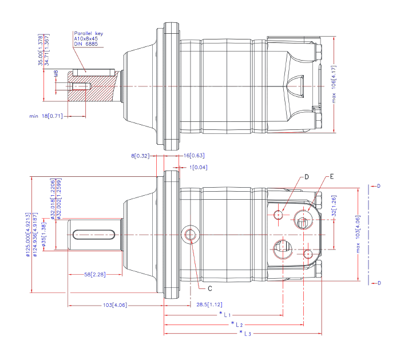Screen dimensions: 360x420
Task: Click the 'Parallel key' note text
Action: coord(86,34)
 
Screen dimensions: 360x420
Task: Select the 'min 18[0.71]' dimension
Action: coord(45,116)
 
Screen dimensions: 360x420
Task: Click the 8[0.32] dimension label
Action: coord(140,156)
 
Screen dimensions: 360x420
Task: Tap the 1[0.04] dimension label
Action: coord(200,167)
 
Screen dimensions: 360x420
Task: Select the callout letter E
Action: coord(331,177)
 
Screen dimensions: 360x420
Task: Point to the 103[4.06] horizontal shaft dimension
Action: coord(115,304)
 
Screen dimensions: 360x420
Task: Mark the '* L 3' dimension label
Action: coord(246,333)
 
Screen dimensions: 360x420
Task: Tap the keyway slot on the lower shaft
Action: coord(95,234)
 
